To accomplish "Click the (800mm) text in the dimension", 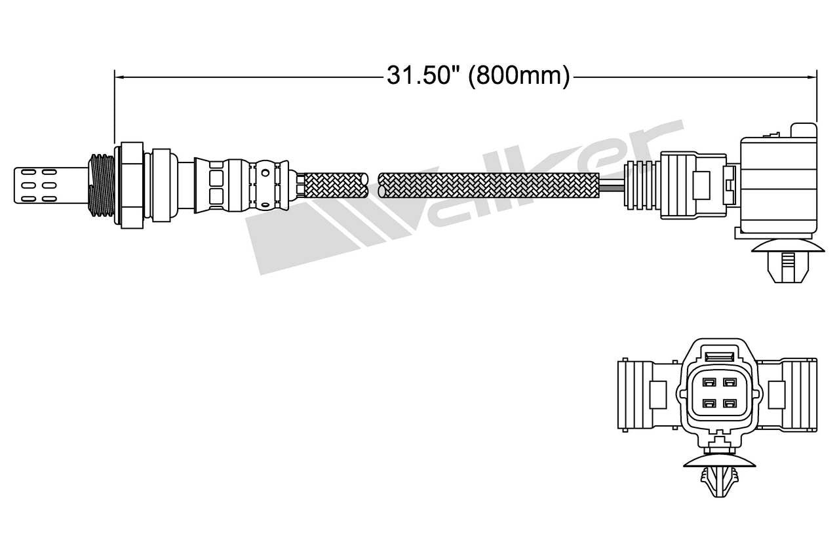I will coord(518,76).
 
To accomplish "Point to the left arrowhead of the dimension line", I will coord(119,77).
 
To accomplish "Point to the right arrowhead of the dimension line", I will coord(812,77).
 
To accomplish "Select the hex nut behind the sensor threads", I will coord(131,184).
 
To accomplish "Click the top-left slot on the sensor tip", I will coord(28,173).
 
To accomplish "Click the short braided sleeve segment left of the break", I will coord(334,184).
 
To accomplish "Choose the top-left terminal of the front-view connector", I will coord(709,382).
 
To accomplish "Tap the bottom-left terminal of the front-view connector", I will coord(709,403).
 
